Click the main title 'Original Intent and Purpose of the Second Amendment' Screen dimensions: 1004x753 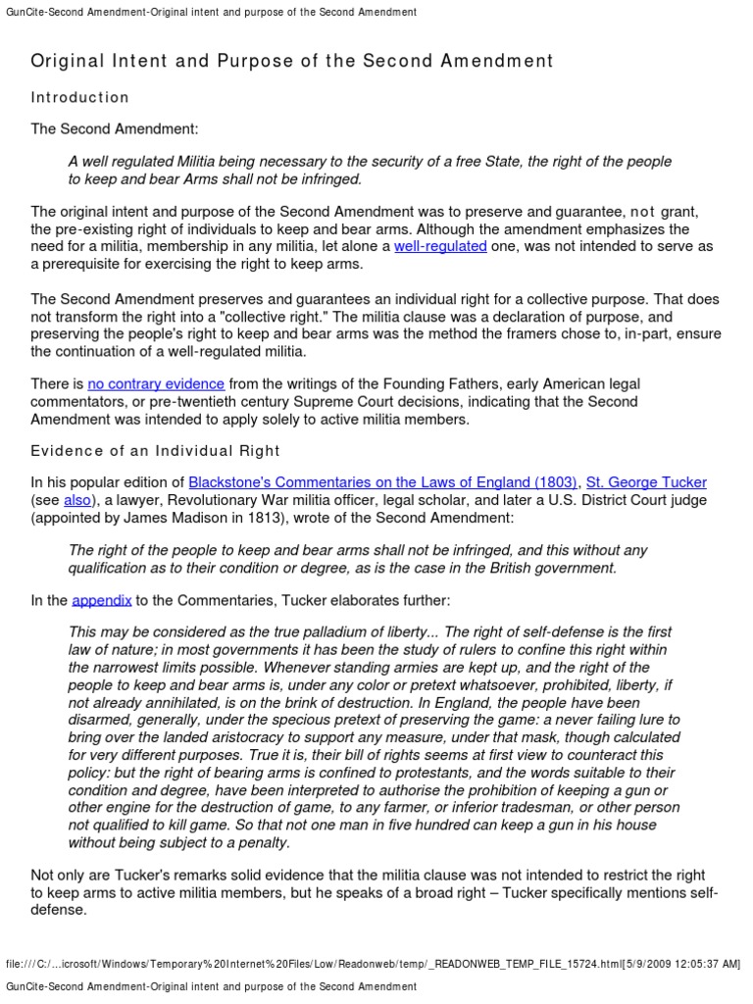click(x=292, y=61)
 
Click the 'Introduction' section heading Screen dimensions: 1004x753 click(x=79, y=97)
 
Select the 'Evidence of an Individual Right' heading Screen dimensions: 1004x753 click(x=155, y=450)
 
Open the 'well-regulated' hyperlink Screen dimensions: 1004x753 click(x=440, y=246)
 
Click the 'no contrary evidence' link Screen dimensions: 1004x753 click(x=156, y=383)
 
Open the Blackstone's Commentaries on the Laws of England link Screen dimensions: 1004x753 click(x=382, y=481)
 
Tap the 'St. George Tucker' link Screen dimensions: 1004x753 click(x=646, y=481)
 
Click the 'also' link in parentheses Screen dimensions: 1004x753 click(x=77, y=499)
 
